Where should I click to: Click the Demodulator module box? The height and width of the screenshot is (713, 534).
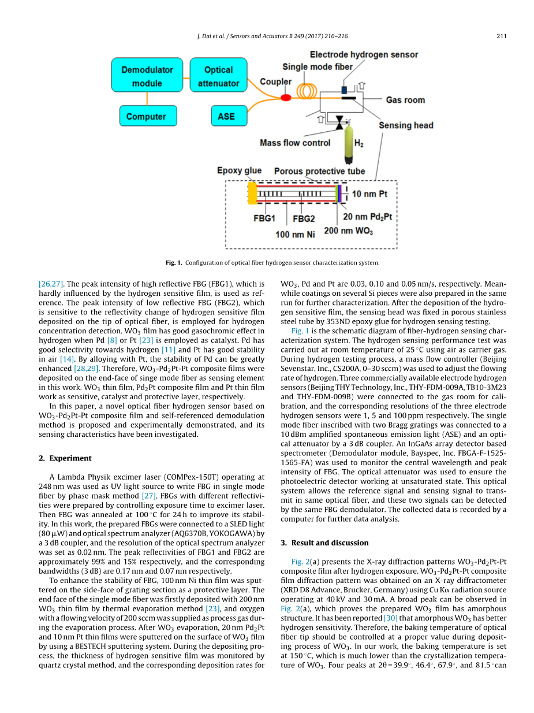point(147,76)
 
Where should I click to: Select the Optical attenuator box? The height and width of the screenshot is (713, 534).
point(218,76)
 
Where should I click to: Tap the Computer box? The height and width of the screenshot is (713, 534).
point(146,116)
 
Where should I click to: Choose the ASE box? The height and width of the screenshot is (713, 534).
point(226,116)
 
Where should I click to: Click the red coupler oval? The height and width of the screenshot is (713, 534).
point(286,98)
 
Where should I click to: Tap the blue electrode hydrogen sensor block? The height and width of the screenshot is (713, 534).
point(345,90)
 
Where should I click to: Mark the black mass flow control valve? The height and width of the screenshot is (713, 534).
point(338,122)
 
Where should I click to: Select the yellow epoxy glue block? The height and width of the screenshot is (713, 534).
point(252,192)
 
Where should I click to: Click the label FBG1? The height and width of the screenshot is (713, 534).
point(264,219)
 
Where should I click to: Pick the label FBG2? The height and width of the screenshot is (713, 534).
point(304,219)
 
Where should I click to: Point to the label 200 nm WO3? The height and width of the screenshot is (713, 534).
point(348,231)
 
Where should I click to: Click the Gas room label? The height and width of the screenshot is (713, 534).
point(405,100)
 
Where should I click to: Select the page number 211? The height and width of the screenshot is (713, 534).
point(501,36)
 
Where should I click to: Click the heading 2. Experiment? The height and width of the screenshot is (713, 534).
point(65,458)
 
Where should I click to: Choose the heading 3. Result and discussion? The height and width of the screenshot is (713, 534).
point(324,543)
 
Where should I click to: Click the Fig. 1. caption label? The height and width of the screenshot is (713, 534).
point(174,263)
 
